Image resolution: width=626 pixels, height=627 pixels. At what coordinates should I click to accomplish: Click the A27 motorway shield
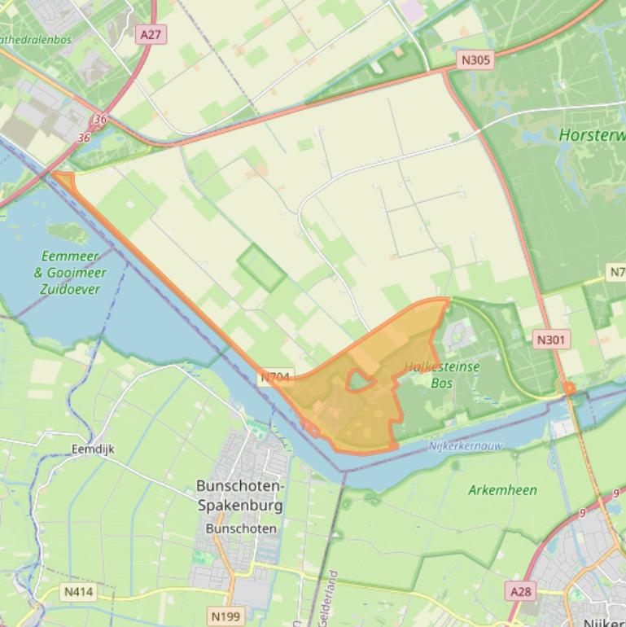151,34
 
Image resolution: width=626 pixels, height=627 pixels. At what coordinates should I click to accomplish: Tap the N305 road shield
476,59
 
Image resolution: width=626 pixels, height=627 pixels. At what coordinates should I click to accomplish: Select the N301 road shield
553,339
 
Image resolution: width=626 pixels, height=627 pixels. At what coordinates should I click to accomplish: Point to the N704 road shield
275,378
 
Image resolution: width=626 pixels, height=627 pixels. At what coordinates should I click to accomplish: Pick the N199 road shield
225,616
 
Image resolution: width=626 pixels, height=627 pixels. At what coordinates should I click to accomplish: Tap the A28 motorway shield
520,591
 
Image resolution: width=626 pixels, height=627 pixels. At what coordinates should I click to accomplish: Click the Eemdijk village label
91,449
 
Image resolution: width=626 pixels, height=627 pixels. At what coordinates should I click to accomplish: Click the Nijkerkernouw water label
466,446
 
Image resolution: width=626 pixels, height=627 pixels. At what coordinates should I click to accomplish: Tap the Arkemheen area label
502,490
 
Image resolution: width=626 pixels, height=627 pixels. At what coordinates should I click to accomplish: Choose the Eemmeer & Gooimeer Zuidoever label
68,272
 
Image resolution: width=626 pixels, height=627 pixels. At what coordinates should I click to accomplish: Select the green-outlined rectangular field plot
261,268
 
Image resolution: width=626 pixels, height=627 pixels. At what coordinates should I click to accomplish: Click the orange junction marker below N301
569,389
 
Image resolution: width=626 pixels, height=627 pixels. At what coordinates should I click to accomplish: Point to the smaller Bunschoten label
241,528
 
